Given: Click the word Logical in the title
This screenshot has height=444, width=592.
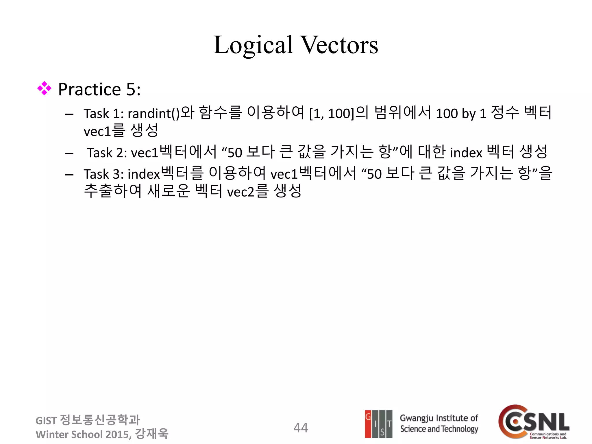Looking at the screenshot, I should pyautogui.click(x=253, y=45).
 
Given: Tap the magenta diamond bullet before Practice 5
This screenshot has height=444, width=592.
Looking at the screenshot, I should pyautogui.click(x=44, y=88).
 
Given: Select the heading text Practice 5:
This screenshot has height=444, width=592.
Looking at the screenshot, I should pyautogui.click(x=99, y=89).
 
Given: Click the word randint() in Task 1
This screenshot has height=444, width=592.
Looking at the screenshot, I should pyautogui.click(x=153, y=114).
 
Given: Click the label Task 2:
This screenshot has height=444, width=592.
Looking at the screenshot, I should pyautogui.click(x=107, y=153).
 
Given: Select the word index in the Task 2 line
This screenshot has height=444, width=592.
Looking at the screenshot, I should pyautogui.click(x=466, y=153).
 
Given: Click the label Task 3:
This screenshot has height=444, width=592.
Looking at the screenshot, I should pyautogui.click(x=103, y=174).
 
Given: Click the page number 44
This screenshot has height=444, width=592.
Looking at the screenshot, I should pyautogui.click(x=301, y=428).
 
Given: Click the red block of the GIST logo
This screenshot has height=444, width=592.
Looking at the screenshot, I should pyautogui.click(x=368, y=424).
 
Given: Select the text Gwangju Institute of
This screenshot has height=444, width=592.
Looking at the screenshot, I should pyautogui.click(x=439, y=418).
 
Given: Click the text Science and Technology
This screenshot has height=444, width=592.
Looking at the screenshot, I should pyautogui.click(x=439, y=429).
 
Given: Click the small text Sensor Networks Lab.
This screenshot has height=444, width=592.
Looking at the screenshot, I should pyautogui.click(x=548, y=438).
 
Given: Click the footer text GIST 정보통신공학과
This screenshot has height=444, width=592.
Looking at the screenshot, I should pyautogui.click(x=87, y=420).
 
